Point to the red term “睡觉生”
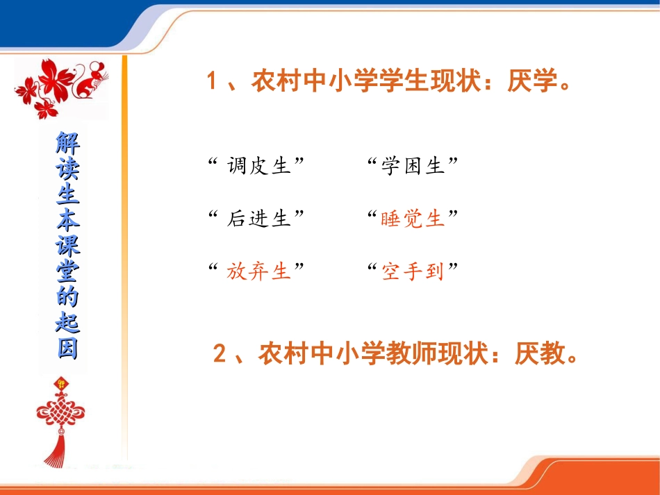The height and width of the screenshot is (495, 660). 413,219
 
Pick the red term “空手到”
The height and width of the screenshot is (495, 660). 413,271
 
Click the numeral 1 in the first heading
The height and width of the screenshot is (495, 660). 213,82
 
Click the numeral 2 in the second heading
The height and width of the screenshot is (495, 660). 220,355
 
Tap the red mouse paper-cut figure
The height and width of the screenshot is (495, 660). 88,81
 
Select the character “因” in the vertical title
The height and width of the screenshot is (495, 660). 67,349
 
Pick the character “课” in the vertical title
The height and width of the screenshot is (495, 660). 67,246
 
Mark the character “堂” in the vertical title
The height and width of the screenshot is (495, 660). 67,271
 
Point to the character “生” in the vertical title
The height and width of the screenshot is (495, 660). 67,195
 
